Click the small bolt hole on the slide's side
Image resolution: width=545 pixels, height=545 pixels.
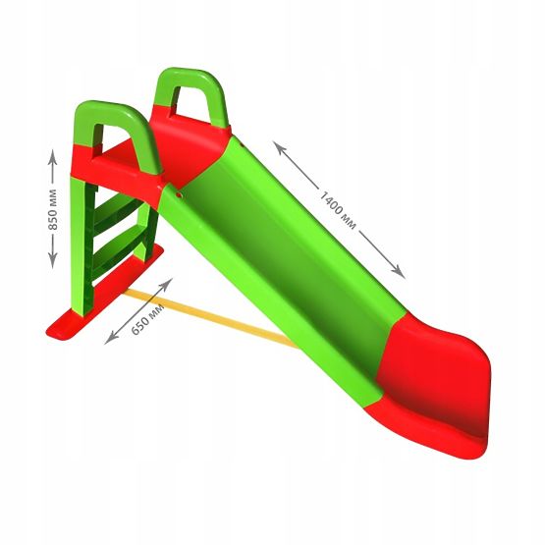point(179,194)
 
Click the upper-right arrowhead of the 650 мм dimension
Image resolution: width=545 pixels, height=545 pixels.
point(169,283)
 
